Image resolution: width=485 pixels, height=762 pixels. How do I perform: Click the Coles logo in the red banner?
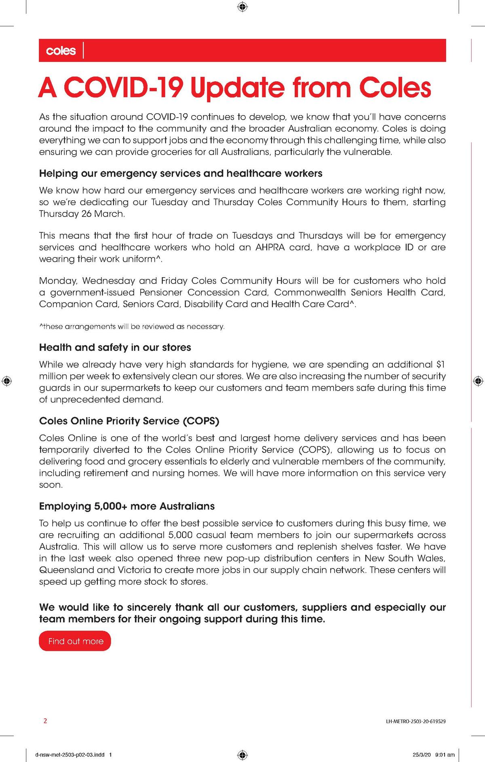[x=61, y=51]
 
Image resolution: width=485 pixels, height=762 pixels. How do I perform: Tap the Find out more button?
[x=75, y=641]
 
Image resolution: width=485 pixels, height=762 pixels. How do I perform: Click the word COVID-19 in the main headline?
[x=124, y=88]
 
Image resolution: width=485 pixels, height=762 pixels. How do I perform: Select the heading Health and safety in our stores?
[x=115, y=347]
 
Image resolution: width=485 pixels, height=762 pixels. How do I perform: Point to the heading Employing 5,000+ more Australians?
[x=127, y=506]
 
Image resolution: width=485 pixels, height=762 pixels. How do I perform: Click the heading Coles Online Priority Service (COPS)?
[x=129, y=421]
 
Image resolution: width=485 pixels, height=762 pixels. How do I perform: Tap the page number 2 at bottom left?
[x=45, y=721]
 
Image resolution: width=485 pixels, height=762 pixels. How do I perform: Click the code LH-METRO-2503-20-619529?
[x=416, y=721]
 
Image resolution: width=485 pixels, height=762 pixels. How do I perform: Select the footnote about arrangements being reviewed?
[x=132, y=326]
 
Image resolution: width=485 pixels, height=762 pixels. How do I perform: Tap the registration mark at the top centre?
[x=242, y=7]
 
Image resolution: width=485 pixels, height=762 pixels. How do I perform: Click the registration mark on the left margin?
[x=7, y=381]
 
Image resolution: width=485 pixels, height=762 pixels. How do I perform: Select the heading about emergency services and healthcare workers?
[x=181, y=174]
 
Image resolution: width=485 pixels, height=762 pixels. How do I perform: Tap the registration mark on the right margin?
[x=478, y=381]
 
